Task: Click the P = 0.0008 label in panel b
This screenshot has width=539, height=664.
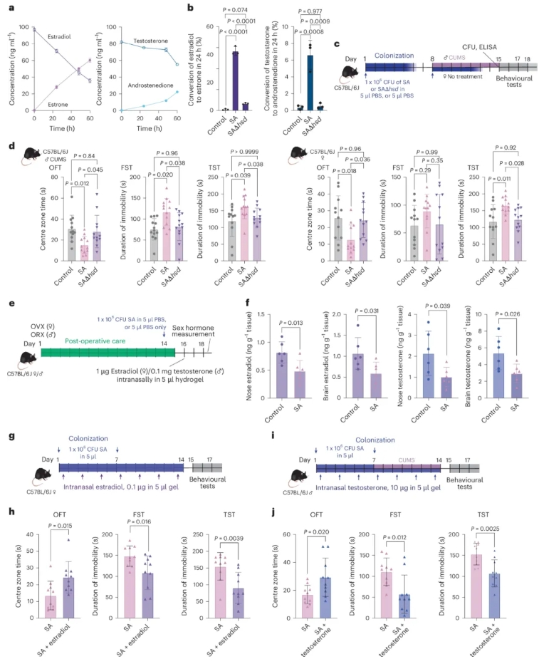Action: point(310,33)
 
